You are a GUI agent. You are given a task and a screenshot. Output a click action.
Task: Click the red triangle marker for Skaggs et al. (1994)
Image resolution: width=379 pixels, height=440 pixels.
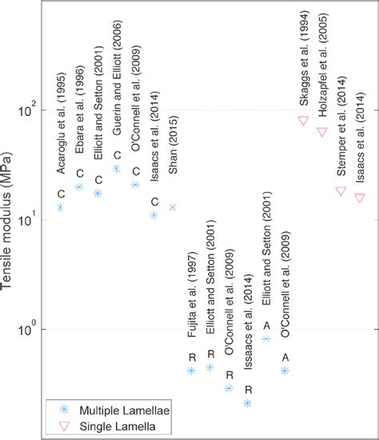[x=303, y=121]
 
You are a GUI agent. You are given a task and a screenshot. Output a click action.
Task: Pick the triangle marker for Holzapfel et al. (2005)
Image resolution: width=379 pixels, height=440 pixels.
[x=322, y=132]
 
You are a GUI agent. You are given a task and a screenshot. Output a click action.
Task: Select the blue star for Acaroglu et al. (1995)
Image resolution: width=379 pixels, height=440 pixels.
[x=60, y=207]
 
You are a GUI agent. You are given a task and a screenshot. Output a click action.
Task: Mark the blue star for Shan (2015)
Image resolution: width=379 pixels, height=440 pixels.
[x=172, y=207]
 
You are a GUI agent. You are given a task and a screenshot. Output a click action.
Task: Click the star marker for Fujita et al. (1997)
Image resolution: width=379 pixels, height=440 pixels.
[x=191, y=370]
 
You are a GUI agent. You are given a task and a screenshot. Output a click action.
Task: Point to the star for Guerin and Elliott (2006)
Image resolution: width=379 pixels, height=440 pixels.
[x=117, y=169]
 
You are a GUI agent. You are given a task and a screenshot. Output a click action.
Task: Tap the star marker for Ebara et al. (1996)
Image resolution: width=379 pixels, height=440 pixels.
[x=79, y=186]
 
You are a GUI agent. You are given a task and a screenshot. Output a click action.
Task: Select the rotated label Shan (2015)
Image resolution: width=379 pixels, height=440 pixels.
[x=173, y=175]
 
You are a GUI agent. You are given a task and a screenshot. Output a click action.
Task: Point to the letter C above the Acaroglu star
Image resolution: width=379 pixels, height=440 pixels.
[x=60, y=193]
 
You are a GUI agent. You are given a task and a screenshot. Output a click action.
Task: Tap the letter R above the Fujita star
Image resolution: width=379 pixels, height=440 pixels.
[x=191, y=357]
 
